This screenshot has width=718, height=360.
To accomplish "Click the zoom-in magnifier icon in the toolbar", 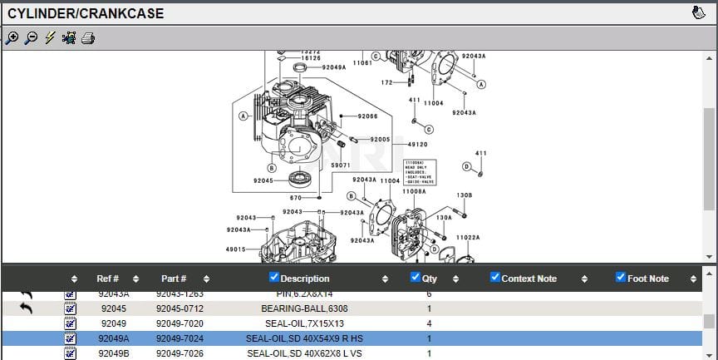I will pos(12,38).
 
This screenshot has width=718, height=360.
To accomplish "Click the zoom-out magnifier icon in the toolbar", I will pos(31,38).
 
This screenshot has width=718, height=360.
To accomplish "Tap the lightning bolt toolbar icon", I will pos(50,38).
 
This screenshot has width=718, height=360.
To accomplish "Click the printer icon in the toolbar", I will pos(88,38).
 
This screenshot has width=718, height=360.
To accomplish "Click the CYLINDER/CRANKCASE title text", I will pos(86,13).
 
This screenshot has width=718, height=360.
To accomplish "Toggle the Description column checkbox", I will pos(275,278).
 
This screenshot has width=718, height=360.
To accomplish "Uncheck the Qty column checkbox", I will pos(416,278).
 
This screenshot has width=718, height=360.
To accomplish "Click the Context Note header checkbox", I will pos(495,278).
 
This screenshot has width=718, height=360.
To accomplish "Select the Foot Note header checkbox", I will pos(620,278).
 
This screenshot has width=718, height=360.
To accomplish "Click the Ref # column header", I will pos(108,279).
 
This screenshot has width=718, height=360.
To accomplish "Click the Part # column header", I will pos(174,279).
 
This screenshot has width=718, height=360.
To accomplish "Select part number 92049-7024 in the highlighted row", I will pos(179,338).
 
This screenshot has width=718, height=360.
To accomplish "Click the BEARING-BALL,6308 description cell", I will pos(304,308).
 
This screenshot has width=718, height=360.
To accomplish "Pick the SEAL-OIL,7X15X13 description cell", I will pos(304,323).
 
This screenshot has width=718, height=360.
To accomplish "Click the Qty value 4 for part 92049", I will pos(429,323).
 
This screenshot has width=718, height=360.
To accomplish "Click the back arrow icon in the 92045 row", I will pos(27,308).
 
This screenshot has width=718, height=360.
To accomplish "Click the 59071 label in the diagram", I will pos(341,165).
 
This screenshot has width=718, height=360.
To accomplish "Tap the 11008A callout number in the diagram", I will pos(414,191).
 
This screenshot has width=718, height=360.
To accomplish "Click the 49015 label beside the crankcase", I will pos(235,249).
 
